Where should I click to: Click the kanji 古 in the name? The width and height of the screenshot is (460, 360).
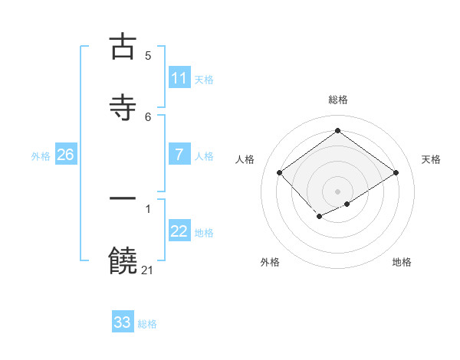123,47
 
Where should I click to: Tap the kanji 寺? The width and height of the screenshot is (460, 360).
123,108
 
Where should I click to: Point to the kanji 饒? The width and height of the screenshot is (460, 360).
123,261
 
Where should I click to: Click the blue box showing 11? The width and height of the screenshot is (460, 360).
179,78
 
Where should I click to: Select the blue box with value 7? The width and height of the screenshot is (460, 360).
179,155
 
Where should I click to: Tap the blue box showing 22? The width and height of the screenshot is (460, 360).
179,231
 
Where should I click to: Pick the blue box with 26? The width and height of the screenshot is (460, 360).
65,155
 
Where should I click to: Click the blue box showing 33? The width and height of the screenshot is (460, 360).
123,322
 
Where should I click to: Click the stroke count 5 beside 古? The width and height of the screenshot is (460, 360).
148,56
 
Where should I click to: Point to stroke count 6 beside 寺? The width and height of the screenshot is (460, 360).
148,116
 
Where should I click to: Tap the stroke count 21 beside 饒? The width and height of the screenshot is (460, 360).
148,270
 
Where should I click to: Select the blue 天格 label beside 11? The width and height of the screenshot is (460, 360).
204,79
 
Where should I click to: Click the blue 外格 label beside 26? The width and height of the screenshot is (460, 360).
41,155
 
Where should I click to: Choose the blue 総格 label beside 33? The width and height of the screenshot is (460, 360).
147,323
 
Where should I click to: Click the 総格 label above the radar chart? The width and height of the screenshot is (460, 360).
337,100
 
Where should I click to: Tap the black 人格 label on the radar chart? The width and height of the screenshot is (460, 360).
245,159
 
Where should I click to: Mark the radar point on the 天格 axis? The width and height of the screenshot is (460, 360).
396,172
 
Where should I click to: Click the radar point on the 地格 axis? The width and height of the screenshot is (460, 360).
347,204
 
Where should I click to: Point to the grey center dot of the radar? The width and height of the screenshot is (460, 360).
337,191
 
